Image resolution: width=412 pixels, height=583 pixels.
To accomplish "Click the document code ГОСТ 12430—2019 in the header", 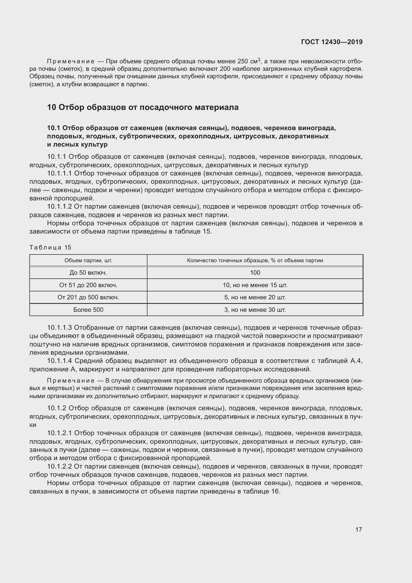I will click(x=332, y=42).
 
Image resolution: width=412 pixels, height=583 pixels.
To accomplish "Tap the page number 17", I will click(x=358, y=529).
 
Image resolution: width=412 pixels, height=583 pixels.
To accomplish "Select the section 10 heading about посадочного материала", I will click(x=143, y=107).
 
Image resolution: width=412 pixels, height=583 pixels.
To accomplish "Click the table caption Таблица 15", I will click(x=51, y=248).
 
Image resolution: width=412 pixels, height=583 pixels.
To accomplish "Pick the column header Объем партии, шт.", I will click(x=88, y=260).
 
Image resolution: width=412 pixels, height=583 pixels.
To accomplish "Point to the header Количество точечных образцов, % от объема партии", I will click(x=255, y=260).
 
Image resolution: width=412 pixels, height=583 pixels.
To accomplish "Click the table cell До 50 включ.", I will click(x=88, y=273).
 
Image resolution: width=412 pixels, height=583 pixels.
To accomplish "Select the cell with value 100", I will click(x=255, y=273).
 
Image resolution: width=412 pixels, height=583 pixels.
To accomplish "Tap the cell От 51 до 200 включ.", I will click(x=88, y=285).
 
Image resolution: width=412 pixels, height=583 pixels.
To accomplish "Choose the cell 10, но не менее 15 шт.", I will click(x=255, y=285).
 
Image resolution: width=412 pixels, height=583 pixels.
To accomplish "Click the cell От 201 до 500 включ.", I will click(x=88, y=297).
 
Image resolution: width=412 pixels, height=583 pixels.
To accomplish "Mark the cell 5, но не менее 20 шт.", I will click(x=255, y=297).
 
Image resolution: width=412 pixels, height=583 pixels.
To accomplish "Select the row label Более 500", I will click(x=88, y=310).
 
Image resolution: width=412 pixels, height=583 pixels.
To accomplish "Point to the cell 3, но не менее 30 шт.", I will click(x=255, y=310).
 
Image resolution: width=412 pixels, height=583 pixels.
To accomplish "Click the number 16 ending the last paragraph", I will click(x=275, y=491).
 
